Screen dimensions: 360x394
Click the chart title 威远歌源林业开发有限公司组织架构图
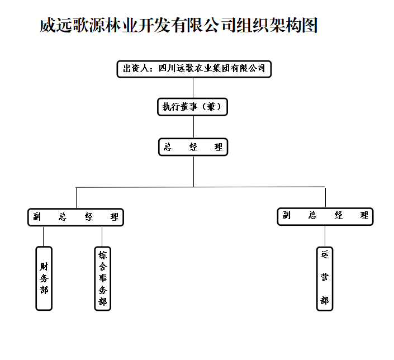click(x=179, y=26)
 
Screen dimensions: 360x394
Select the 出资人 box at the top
click(x=193, y=69)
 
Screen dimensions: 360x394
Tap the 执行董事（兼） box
click(x=193, y=106)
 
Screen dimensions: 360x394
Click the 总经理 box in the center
click(x=193, y=148)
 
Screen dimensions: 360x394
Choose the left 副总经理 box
click(x=75, y=217)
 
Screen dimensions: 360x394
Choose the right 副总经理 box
click(x=325, y=216)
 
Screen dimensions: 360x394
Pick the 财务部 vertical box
click(x=44, y=278)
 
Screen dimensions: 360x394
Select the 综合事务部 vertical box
click(x=102, y=278)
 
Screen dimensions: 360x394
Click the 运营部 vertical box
click(x=325, y=278)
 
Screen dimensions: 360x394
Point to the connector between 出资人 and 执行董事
click(x=193, y=87)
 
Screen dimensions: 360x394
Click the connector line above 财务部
click(x=43, y=236)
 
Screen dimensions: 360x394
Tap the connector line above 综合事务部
click(x=102, y=236)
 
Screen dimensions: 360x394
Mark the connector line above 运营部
click(x=325, y=236)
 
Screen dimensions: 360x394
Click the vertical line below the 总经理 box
click(x=193, y=170)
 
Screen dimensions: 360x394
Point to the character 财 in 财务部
click(x=44, y=266)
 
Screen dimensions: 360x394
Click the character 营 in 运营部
click(x=325, y=278)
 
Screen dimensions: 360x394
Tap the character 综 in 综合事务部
click(x=102, y=255)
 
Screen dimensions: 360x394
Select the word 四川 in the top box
click(x=167, y=69)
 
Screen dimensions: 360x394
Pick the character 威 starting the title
click(x=48, y=26)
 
